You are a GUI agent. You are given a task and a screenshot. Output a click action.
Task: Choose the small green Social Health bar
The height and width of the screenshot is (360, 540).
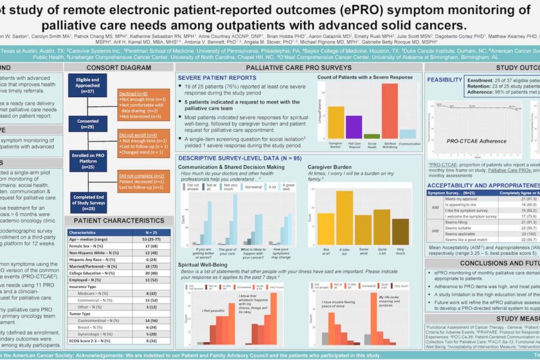pos(371,136)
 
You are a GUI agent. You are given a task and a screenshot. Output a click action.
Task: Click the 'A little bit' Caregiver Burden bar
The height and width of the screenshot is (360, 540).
pos(344,217)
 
